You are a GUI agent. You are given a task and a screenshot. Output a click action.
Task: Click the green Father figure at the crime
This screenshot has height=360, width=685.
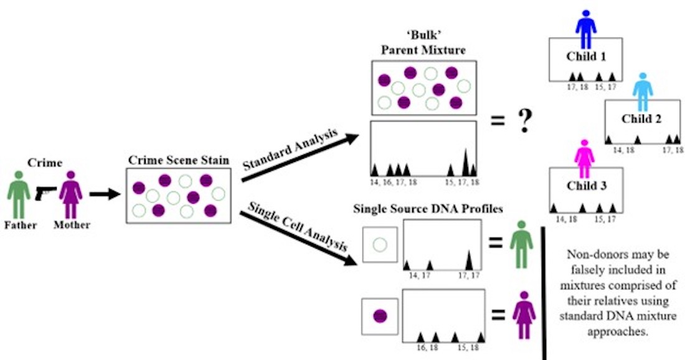click(x=18, y=194)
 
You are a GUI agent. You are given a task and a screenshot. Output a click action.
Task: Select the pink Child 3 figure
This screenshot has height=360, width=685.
click(x=585, y=157)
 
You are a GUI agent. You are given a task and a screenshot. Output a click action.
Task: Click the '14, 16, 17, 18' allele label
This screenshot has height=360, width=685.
click(x=390, y=182)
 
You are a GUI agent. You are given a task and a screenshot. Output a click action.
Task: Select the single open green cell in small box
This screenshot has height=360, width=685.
click(x=380, y=245)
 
